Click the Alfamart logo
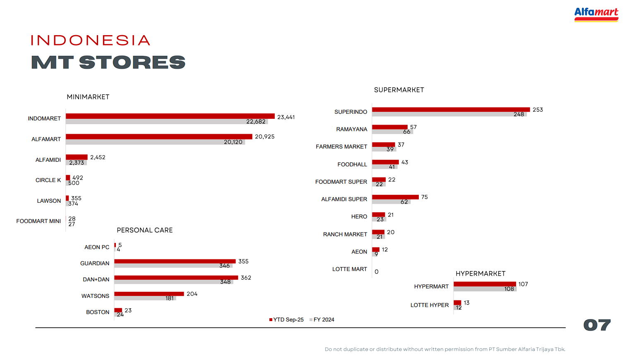596,14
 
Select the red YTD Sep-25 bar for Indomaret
170,116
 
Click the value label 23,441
286,117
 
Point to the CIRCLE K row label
48,180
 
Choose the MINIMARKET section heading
88,97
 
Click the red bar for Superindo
451,110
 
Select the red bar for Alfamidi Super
395,197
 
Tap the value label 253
538,110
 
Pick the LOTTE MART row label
350,269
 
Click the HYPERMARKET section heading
480,274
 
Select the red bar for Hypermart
485,284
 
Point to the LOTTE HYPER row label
430,305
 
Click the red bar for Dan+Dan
176,277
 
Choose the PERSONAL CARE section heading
145,230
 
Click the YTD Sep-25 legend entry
286,319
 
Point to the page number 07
597,325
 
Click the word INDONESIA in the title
91,40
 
